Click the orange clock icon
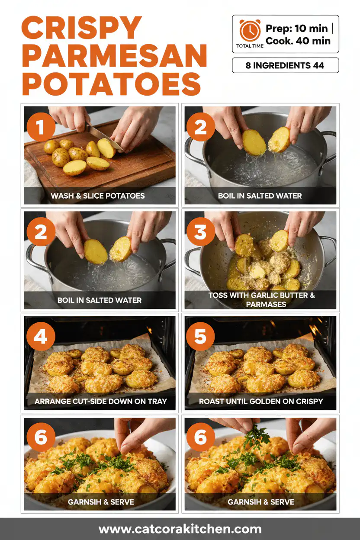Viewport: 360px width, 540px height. (x=250, y=31)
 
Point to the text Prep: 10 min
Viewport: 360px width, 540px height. (x=297, y=29)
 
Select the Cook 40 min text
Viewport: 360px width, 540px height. (x=298, y=41)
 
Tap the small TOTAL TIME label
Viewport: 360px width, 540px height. (x=249, y=45)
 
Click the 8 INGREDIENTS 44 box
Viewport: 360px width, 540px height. (x=285, y=66)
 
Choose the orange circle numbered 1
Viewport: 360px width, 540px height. (x=41, y=128)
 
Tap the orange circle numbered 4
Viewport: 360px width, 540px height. (x=41, y=337)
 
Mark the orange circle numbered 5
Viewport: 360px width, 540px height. (x=200, y=337)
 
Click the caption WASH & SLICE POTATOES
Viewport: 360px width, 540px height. (x=98, y=196)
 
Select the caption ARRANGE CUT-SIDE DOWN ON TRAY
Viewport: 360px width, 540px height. (x=100, y=401)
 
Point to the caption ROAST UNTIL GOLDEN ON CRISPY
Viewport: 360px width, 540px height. (x=261, y=401)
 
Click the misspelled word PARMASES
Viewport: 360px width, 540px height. (x=264, y=304)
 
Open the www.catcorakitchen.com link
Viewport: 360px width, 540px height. (x=180, y=529)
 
